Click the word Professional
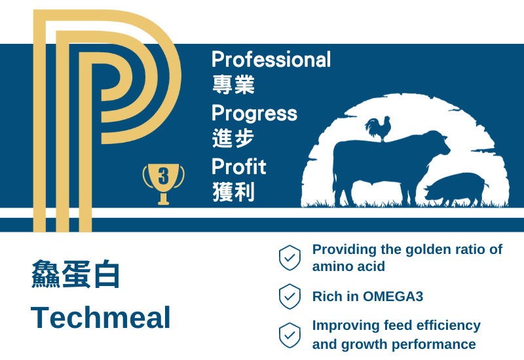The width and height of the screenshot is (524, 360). [271, 60]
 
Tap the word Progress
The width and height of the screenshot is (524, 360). [254, 114]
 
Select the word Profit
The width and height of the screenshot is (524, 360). [238, 166]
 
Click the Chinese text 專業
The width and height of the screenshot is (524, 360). [234, 84]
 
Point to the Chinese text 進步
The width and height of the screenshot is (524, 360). [233, 138]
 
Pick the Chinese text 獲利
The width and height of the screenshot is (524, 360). [234, 192]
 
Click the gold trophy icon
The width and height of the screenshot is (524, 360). [163, 184]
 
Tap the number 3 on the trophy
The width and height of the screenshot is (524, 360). [163, 176]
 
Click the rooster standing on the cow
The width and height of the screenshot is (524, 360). [379, 129]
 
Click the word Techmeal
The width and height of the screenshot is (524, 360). [101, 317]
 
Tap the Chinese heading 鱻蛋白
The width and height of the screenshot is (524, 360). [75, 274]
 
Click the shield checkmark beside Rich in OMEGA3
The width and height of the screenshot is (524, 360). [290, 297]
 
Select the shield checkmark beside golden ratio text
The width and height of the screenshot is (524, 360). [290, 258]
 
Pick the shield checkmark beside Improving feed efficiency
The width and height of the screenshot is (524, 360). [290, 335]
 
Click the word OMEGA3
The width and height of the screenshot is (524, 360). [393, 297]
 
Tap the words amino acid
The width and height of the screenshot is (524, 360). [348, 266]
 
